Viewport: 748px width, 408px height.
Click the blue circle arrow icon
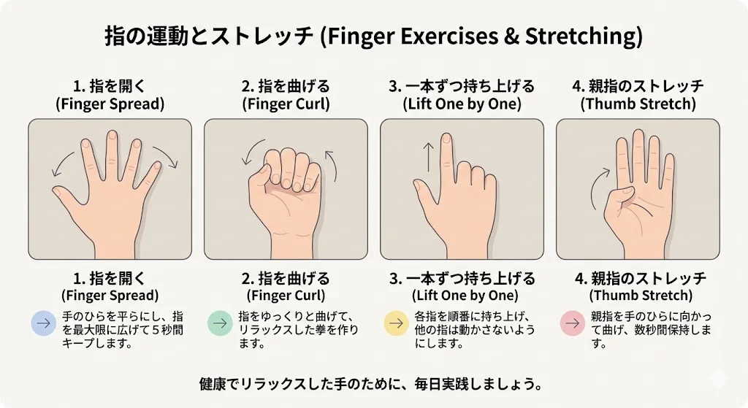click(43, 323)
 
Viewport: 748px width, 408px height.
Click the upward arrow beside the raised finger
click(428, 157)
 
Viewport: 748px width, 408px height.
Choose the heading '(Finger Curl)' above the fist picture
click(286, 104)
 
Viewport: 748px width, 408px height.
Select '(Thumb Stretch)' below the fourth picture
click(641, 296)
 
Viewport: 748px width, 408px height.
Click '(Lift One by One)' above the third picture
click(462, 104)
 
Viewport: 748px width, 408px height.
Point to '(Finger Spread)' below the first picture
click(110, 296)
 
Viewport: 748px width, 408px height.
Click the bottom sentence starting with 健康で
click(373, 384)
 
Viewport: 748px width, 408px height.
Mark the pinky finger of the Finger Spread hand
click(151, 174)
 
